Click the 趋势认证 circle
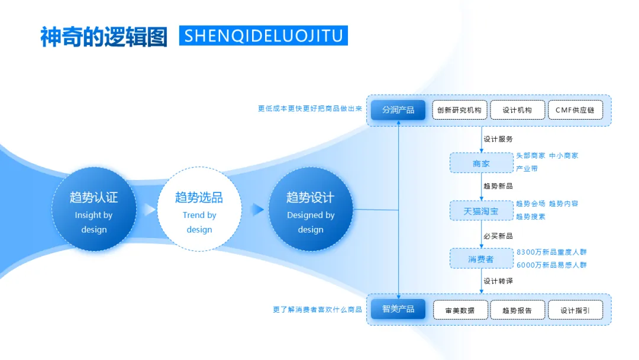(x=93, y=209)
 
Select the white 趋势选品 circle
(x=199, y=209)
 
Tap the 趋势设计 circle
(x=311, y=209)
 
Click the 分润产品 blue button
(x=398, y=110)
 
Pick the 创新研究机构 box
(x=459, y=110)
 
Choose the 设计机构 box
(x=517, y=110)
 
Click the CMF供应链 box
(x=575, y=110)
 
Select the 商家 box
(x=481, y=163)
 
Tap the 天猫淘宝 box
(x=481, y=211)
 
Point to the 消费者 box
(x=481, y=259)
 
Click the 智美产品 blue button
(x=398, y=309)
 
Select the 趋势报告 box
(x=517, y=310)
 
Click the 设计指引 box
(x=575, y=310)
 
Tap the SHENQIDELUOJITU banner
(x=263, y=36)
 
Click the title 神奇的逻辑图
(x=104, y=37)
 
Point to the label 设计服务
(x=498, y=140)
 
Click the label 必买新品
(x=498, y=236)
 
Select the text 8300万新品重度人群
(x=551, y=252)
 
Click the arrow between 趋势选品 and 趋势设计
(x=257, y=209)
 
